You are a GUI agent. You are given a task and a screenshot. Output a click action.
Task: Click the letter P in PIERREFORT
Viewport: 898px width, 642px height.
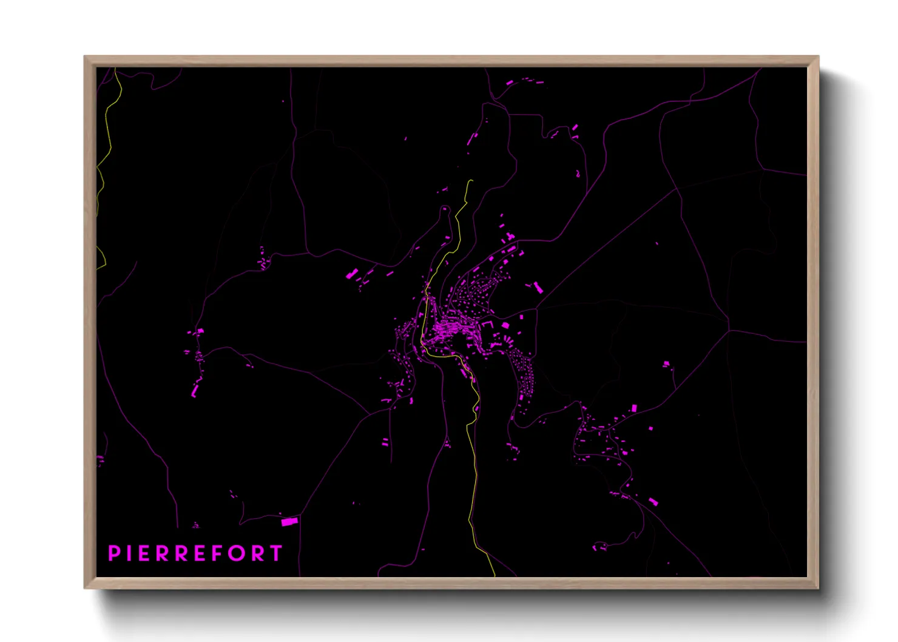coord(113,553)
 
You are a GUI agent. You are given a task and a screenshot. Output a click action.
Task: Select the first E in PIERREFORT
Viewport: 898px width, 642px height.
coord(144,553)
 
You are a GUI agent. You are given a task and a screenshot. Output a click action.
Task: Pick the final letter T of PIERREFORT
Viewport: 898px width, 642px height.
coord(276,553)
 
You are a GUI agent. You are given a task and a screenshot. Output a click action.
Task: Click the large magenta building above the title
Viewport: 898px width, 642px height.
coord(289,521)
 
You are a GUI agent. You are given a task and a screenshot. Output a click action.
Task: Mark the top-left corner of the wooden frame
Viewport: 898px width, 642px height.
coord(85,56)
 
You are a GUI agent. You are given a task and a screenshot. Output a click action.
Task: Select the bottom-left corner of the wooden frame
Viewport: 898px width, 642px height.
coord(85,587)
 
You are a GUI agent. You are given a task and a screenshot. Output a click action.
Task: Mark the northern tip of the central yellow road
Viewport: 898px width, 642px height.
coord(471,180)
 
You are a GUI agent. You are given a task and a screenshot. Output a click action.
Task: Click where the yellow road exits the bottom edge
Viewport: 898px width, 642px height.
coord(495,576)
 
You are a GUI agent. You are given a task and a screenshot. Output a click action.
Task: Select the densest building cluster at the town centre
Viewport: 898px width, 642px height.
coord(449,331)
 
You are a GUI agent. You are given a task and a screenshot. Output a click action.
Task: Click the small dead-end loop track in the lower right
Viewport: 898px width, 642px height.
coord(599,547)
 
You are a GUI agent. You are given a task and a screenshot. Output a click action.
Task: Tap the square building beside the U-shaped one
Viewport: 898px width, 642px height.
coord(505,326)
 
